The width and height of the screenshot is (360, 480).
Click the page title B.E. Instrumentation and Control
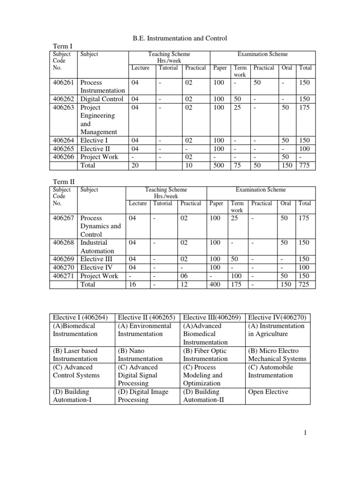click(180, 38)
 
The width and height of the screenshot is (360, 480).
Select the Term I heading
click(60, 46)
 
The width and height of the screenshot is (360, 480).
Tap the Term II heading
click(62, 181)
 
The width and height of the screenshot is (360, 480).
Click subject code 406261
click(63, 82)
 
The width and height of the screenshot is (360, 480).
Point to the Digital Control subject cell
click(102, 99)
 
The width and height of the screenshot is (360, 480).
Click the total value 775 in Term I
click(304, 165)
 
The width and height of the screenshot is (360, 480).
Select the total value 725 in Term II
click(305, 284)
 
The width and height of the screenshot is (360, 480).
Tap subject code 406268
click(63, 242)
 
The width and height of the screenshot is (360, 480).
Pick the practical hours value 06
click(184, 276)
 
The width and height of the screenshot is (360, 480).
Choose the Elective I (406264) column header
click(81, 317)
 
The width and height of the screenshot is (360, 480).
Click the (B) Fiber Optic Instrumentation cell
click(205, 354)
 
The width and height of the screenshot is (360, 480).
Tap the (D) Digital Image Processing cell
click(142, 396)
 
